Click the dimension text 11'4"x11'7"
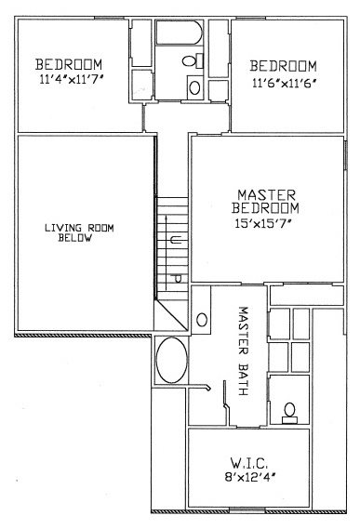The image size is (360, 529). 71,80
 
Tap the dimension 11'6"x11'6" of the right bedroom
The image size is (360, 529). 284,83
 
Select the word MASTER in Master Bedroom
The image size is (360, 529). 266,195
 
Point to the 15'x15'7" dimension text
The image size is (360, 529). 263,223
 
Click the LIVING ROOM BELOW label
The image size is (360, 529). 79,232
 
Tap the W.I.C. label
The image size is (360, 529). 249,463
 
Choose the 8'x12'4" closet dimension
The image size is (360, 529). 249,477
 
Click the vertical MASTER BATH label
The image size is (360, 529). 243,350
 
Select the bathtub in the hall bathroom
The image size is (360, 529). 180,32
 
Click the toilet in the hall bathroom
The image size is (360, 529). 193,60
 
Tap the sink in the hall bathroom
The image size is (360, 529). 194,87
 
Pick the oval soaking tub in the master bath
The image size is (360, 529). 172,360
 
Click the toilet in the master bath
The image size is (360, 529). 289,413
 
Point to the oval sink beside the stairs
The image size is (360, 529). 202,320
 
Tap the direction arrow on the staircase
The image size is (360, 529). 166,252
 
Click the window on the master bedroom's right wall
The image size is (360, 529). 345,154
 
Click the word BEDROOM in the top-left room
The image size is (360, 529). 69,64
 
